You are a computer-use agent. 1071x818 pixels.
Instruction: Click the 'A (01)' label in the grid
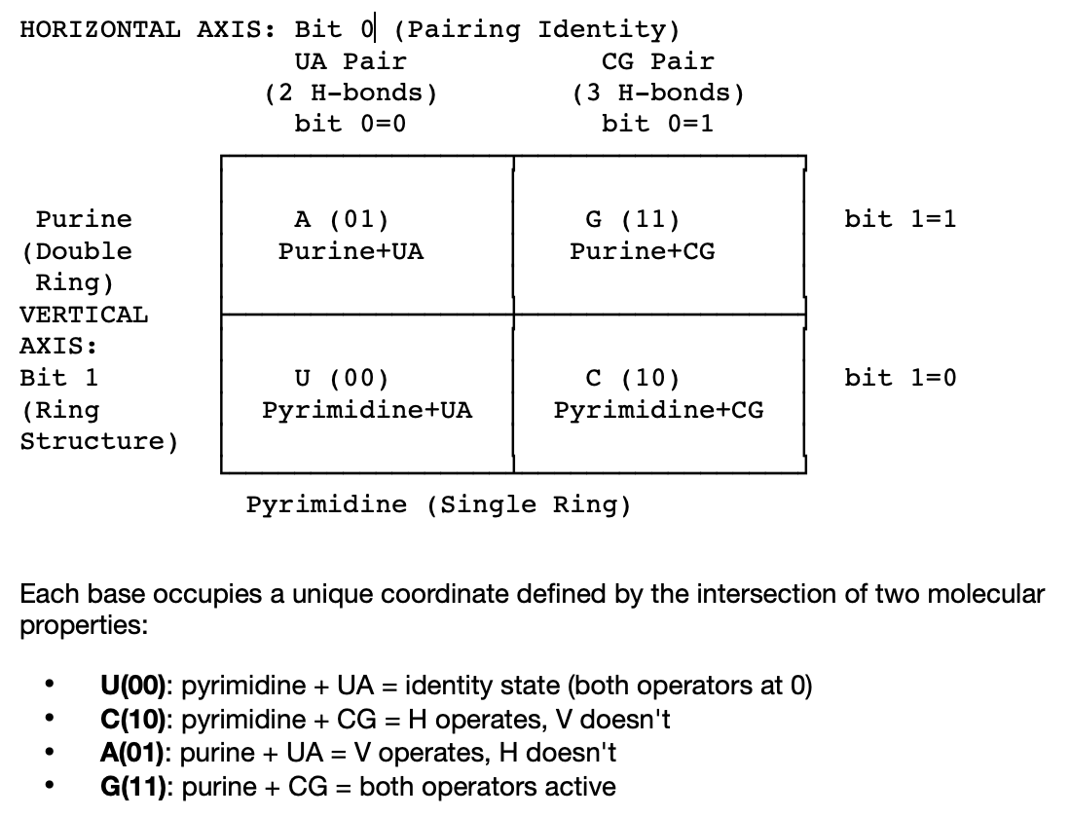pos(341,219)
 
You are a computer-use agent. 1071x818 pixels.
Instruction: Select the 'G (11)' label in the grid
pos(633,219)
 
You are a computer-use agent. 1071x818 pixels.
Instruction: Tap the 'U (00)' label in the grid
pos(341,378)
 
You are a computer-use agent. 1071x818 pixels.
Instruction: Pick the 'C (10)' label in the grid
pos(633,378)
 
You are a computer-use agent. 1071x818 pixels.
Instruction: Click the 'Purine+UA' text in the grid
pos(351,251)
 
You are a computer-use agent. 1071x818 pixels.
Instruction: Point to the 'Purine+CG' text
pos(643,251)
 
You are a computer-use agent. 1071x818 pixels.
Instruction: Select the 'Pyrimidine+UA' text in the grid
pos(367,410)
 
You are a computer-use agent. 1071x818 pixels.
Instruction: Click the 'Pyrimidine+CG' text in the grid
pos(659,410)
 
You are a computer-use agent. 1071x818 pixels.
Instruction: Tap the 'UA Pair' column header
pos(351,61)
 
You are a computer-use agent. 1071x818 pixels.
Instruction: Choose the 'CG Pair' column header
pos(658,61)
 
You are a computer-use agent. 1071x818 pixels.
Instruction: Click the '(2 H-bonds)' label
pos(351,93)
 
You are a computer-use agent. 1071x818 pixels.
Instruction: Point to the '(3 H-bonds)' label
pos(658,93)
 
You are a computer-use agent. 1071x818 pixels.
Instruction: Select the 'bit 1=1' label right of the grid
pos(901,219)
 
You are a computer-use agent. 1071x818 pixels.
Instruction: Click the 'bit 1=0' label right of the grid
pos(901,378)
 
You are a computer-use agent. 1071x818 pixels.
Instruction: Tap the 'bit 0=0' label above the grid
pos(351,125)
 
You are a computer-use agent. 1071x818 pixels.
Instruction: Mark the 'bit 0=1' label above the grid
pos(658,125)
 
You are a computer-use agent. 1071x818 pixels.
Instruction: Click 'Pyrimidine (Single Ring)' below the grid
pos(438,504)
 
